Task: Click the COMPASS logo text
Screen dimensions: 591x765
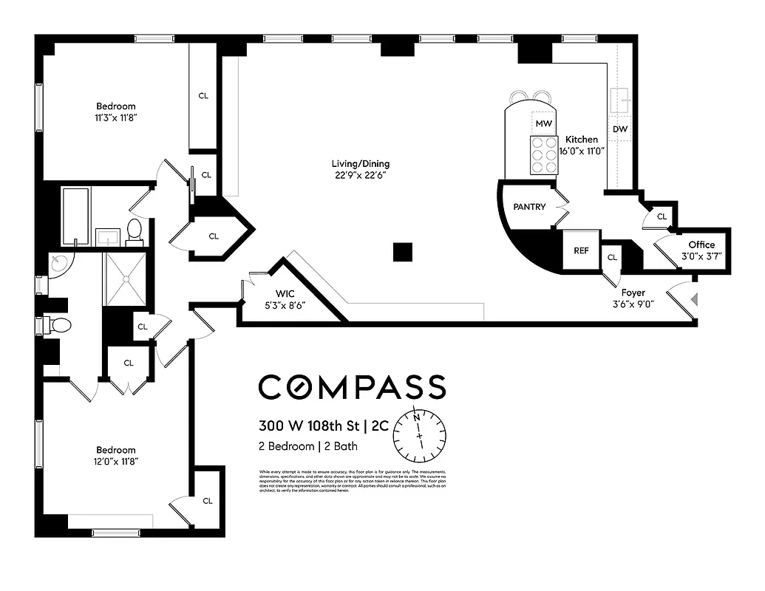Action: (x=352, y=387)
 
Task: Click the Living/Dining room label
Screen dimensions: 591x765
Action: (x=361, y=164)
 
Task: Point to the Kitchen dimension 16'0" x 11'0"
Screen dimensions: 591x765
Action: (x=582, y=150)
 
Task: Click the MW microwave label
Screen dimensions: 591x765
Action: (x=543, y=123)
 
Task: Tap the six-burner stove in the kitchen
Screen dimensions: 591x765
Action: (x=543, y=155)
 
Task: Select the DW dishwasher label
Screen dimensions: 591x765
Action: (x=620, y=129)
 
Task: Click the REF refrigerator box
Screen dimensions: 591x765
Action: (x=582, y=250)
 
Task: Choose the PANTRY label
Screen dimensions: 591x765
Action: (x=529, y=207)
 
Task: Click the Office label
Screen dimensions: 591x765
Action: (x=701, y=245)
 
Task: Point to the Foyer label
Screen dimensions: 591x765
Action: (x=633, y=293)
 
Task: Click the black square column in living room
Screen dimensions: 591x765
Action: (x=402, y=252)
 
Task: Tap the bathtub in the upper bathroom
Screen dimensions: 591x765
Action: (x=75, y=215)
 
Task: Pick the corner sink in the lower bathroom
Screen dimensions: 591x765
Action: (x=58, y=263)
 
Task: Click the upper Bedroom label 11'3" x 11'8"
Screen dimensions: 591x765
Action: (x=115, y=106)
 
